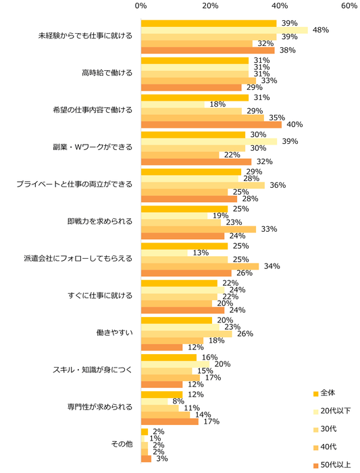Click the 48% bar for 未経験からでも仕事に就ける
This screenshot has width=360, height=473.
pos(224,30)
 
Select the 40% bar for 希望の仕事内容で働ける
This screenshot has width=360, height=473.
pos(211,124)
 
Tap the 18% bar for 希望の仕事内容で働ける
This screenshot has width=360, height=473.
pos(172,105)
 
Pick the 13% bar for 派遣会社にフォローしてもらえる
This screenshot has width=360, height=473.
pos(163,253)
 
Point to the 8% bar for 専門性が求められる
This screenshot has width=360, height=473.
pos(155,401)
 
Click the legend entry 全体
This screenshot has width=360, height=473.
pos(327,393)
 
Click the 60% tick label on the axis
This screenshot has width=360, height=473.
pos(349,6)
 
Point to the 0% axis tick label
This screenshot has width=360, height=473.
pos(141,6)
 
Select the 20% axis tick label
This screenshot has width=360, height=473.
pos(210,6)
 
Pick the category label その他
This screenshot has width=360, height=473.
pos(122,444)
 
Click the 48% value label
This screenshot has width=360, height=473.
pos(320,30)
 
